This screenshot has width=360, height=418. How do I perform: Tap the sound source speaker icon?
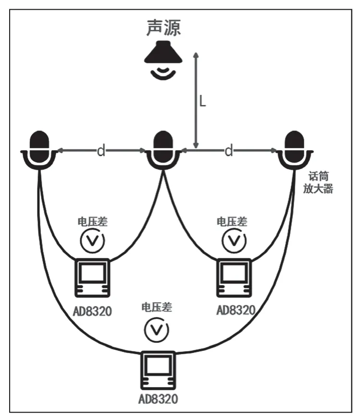click(163, 53)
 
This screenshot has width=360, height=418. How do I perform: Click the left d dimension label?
click(101, 151)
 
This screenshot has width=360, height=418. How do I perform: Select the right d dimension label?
click(229, 151)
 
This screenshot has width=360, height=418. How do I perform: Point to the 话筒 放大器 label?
click(318, 183)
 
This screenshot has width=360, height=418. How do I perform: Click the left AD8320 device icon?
click(92, 278)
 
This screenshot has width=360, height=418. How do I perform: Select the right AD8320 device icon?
click(234, 278)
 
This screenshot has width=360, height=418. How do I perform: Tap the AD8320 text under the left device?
click(92, 310)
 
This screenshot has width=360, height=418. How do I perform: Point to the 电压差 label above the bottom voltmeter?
click(157, 306)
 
